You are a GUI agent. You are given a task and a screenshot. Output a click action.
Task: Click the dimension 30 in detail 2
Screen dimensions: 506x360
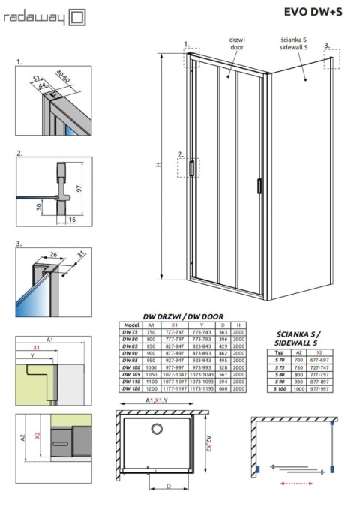click(37, 207)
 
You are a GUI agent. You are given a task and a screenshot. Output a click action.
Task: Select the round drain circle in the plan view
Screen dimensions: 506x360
click(157, 429)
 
